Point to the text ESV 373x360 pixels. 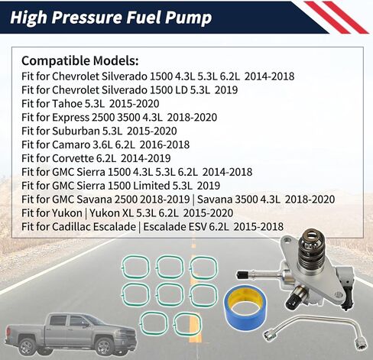click(213, 226)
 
